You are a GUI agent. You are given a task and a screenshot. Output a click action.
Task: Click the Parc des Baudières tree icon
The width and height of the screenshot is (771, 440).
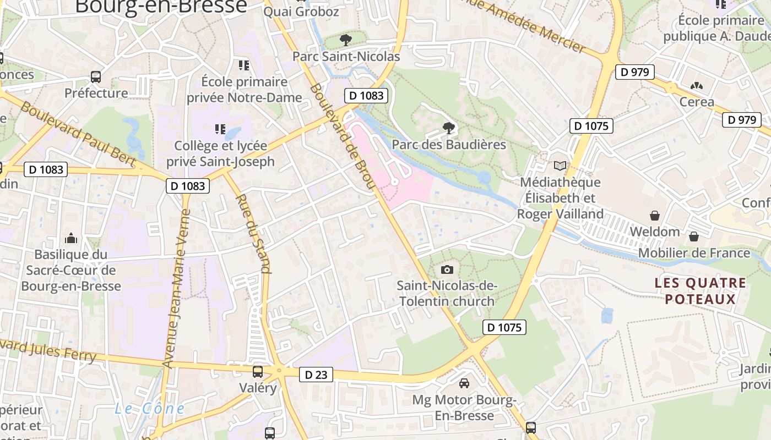[x=449, y=128]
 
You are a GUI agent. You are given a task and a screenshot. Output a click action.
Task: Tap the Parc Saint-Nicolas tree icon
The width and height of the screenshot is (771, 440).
[x=346, y=40]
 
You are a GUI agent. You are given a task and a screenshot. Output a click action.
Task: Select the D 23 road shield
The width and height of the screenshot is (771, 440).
[x=316, y=375]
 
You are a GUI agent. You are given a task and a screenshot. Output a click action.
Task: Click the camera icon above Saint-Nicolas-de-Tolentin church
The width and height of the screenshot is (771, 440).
[x=447, y=269]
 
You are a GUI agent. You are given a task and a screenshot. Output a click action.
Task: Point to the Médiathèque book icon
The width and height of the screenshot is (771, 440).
[x=560, y=165]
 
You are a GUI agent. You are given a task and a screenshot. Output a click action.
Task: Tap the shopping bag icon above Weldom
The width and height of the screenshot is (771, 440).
[x=655, y=215]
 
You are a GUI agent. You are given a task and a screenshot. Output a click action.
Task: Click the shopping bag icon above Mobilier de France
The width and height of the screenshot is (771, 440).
[x=694, y=237]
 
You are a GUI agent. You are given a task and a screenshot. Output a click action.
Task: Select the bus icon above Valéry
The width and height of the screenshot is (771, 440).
[x=258, y=371]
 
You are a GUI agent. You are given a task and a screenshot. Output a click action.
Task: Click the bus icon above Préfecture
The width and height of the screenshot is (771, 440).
[x=96, y=76]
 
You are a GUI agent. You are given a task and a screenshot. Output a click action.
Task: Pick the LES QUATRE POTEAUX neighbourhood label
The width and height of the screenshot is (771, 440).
[x=700, y=291]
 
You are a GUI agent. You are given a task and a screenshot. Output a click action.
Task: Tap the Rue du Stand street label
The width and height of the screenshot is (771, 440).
[x=254, y=233]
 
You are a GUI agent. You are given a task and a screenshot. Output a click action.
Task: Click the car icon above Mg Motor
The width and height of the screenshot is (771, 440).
[x=464, y=383]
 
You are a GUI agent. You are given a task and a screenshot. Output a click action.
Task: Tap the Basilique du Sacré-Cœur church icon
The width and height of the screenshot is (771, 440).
[x=71, y=238]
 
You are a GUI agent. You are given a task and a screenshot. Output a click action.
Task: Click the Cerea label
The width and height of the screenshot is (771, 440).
[x=696, y=102]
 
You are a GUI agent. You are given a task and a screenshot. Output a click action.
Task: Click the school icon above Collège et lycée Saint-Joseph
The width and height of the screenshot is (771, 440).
[x=220, y=129]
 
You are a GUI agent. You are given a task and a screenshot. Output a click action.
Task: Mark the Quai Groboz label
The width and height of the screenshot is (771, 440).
[x=301, y=12]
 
